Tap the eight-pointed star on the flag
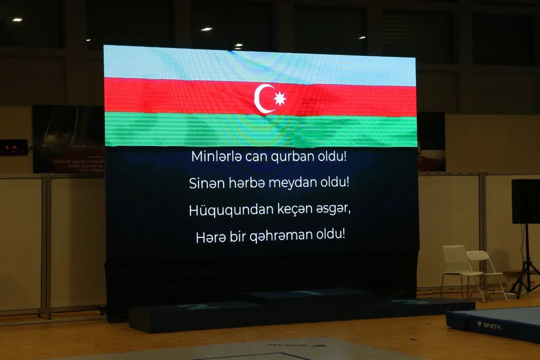pyautogui.click(x=280, y=99)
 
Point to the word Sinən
pyautogui.click(x=206, y=183)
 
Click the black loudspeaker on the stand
pyautogui.click(x=525, y=201)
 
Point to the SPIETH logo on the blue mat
pyautogui.click(x=489, y=325)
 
